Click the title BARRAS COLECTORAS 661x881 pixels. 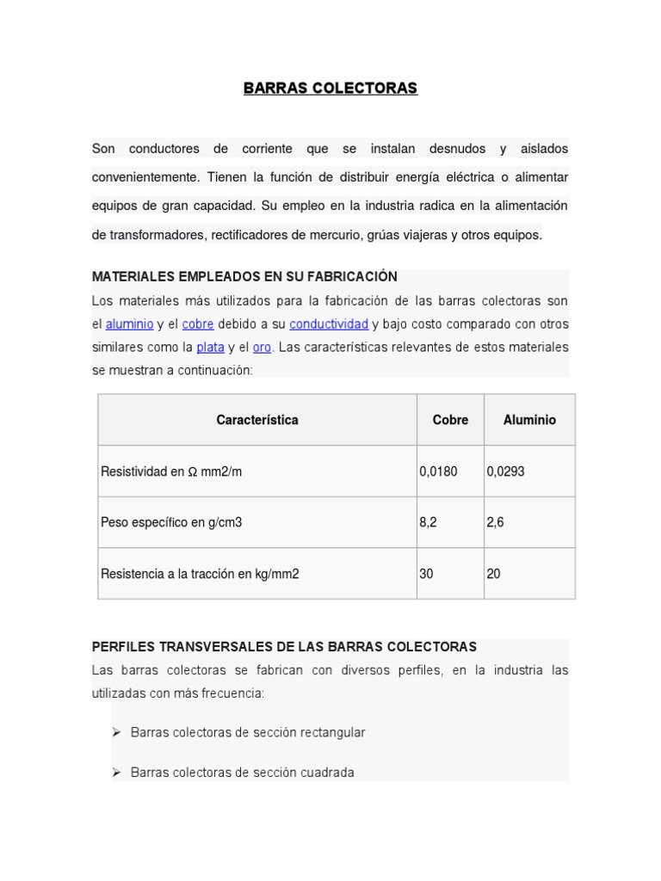coord(330,89)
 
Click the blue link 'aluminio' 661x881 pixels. coord(129,324)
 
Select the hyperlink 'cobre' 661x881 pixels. coord(198,324)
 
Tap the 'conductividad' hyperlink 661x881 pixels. coord(329,324)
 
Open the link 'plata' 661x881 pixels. coord(210,348)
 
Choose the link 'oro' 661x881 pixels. coord(262,348)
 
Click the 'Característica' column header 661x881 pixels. coord(257,420)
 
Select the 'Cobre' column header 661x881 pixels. coord(450,420)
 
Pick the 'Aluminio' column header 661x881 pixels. coord(529,420)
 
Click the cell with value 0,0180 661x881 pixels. coord(438,471)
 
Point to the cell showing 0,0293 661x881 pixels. coord(505,471)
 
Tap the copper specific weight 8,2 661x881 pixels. coord(428,522)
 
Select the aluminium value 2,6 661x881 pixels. coord(495,522)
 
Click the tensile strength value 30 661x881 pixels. coord(426,574)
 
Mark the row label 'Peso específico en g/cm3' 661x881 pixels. coord(171,522)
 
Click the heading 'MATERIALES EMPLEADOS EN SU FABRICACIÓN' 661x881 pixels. coord(244,277)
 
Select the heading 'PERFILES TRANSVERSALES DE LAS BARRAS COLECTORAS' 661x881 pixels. coord(284,646)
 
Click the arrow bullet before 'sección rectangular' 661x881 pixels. coord(115,732)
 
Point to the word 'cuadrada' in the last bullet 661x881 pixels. coord(327,773)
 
